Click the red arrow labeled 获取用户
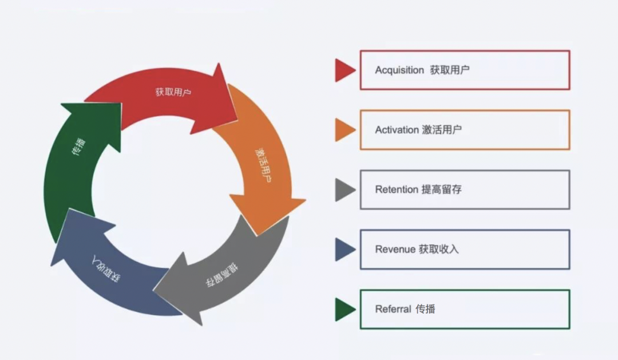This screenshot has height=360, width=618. pos(172,94)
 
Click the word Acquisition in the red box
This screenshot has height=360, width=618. pos(399,70)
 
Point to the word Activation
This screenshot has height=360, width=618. pos(397,130)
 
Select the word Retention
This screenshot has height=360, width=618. pos(396,189)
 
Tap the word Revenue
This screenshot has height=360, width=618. pos(395,250)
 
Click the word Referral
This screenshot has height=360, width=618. pos(393,309)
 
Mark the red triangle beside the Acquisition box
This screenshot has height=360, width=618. pos(345,70)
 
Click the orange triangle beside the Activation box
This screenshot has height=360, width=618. pos(345,130)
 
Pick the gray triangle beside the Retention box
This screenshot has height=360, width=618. pos(345,189)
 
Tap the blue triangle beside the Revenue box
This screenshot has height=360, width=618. pos(345,250)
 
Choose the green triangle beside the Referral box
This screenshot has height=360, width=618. pos(345,309)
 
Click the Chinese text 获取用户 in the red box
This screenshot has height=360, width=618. pos(450,70)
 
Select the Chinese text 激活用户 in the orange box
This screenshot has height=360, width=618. pos(442,130)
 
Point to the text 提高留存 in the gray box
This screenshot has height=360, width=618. pos(441,189)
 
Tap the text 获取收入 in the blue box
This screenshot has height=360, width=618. pos(438,250)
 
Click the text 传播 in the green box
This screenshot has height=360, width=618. pos(426,309)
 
